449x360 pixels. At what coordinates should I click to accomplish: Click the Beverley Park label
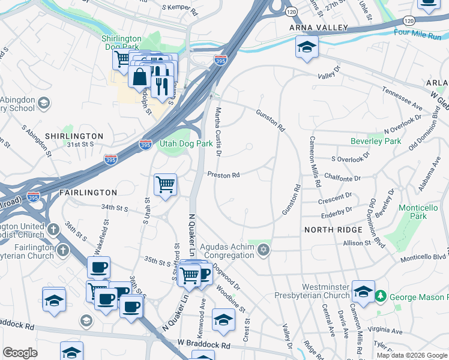pos(375,142)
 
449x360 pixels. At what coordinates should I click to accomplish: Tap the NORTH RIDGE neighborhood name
pos(333,230)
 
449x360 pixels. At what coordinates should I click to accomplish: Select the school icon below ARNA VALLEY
pos(307,47)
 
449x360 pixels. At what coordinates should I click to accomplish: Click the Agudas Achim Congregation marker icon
pos(262,249)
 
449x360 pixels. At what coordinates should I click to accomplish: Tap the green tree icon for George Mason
pos(380,296)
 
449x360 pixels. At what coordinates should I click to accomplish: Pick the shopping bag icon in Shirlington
pos(139,76)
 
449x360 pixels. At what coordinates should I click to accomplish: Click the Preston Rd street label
pos(223,175)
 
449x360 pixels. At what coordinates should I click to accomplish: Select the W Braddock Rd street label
pos(203,346)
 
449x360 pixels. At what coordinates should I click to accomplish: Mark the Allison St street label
pos(357,243)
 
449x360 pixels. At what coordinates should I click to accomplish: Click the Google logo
pos(20,353)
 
